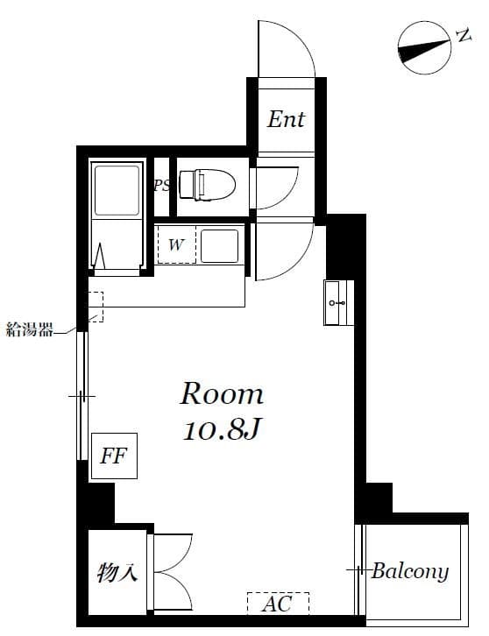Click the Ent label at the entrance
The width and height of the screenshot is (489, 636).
pyautogui.click(x=286, y=118)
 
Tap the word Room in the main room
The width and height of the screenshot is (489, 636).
pyautogui.click(x=222, y=393)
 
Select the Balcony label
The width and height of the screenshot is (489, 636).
pyautogui.click(x=409, y=571)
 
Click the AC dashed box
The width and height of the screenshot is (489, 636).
pyautogui.click(x=277, y=604)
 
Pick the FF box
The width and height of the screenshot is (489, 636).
pyautogui.click(x=114, y=456)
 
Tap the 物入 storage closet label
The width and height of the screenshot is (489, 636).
pyautogui.click(x=117, y=574)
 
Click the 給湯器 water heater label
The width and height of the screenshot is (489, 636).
pyautogui.click(x=30, y=329)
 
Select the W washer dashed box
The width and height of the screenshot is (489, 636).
pyautogui.click(x=176, y=244)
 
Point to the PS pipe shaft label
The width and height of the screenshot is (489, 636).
pyautogui.click(x=161, y=186)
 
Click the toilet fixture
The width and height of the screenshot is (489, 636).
pyautogui.click(x=208, y=185)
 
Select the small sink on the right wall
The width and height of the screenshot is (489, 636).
pyautogui.click(x=337, y=302)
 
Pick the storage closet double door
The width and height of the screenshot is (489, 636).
pyautogui.click(x=172, y=574)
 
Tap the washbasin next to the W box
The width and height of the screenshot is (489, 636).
pyautogui.click(x=219, y=246)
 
